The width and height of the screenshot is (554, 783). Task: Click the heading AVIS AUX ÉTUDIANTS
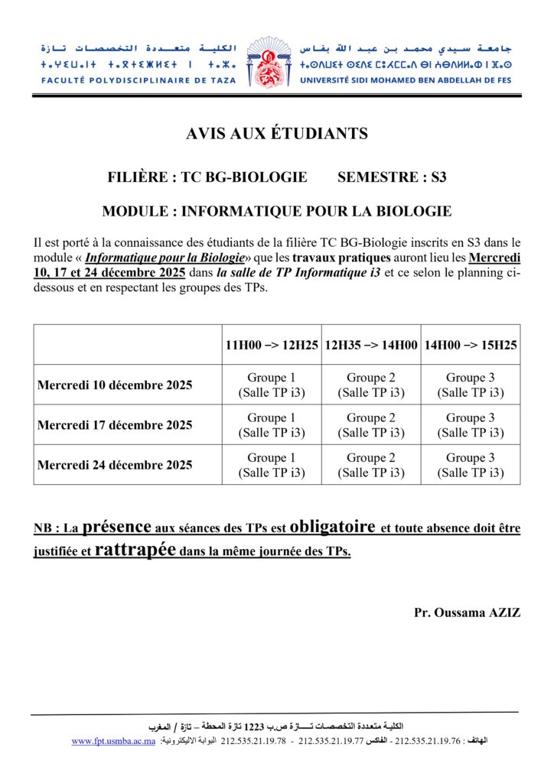click(x=277, y=135)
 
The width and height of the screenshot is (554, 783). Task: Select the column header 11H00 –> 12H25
click(x=272, y=345)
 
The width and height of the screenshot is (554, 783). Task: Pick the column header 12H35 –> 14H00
click(x=371, y=345)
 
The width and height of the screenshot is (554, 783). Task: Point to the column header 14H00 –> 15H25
click(x=471, y=345)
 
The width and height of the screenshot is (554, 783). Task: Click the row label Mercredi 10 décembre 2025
click(x=115, y=385)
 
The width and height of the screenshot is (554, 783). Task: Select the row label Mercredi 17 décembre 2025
click(x=115, y=425)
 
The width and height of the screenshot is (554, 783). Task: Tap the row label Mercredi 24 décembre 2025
click(x=115, y=465)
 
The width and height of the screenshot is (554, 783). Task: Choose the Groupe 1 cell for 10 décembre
click(x=272, y=385)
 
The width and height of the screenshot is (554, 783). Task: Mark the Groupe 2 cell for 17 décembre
click(x=371, y=425)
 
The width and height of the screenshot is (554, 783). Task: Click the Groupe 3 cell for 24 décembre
click(x=471, y=465)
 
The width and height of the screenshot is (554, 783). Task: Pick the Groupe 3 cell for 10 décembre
click(x=471, y=385)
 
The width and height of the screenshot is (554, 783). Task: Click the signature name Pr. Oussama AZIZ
click(x=467, y=612)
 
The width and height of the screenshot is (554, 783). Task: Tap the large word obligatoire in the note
click(x=333, y=527)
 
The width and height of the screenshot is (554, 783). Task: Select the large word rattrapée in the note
click(x=134, y=550)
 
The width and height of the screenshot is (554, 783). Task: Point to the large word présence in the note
click(x=116, y=527)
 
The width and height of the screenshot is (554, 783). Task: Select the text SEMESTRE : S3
click(x=392, y=177)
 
